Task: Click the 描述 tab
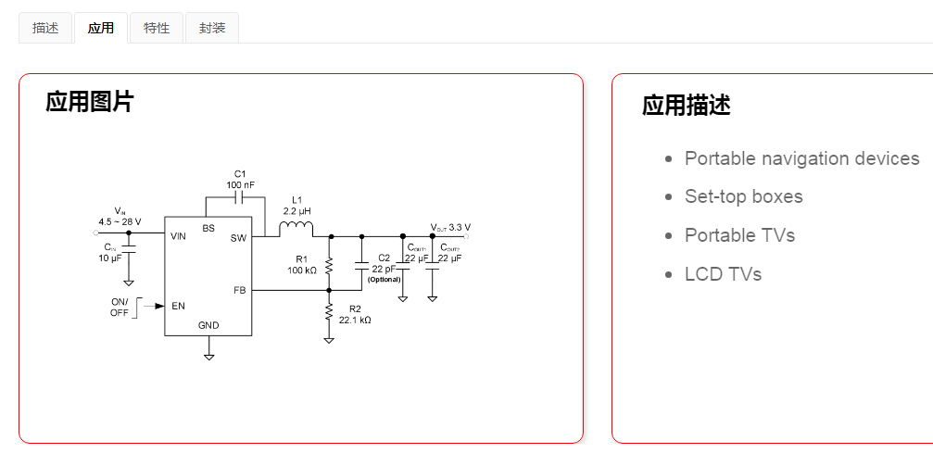pos(45,28)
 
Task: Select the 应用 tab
pos(101,28)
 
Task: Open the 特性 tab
pos(157,28)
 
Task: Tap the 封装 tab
pos(212,28)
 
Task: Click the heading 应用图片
pos(90,102)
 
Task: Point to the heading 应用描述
pos(687,106)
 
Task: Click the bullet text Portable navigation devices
pos(801,158)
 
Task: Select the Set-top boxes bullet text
pos(743,196)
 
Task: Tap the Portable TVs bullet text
pos(739,235)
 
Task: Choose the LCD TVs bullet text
pos(723,274)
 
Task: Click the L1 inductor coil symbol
pos(296,229)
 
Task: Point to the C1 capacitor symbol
pos(240,197)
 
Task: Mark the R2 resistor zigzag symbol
pos(329,312)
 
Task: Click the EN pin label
pos(178,306)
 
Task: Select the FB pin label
pos(239,290)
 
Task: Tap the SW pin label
pos(238,238)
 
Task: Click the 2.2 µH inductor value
pos(296,210)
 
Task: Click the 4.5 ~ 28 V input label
pos(120,221)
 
